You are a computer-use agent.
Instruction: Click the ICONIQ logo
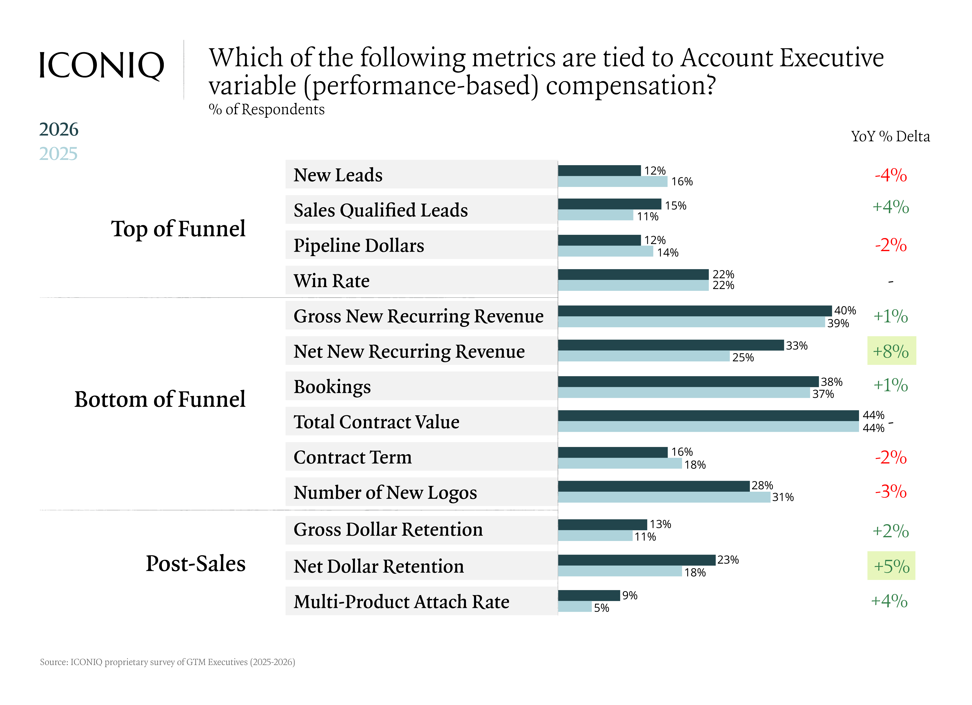pos(101,66)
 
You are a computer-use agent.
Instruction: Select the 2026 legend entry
pos(59,129)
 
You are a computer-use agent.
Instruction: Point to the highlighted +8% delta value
pos(891,351)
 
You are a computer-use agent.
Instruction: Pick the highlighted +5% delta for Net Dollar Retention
pos(891,566)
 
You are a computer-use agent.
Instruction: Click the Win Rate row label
pos(331,281)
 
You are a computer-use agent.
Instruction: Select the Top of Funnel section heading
pos(178,228)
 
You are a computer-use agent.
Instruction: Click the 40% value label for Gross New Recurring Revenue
pos(845,310)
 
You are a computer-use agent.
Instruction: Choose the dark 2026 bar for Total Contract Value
pos(708,415)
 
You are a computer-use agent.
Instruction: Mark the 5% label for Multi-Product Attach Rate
pos(601,608)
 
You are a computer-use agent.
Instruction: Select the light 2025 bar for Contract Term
pos(619,463)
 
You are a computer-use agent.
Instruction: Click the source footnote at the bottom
pos(167,662)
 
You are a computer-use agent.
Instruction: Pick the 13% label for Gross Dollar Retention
pos(660,524)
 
